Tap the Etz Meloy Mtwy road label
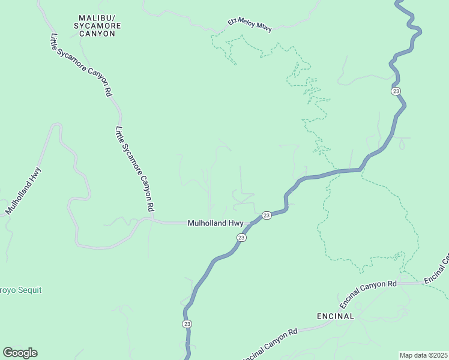[x=249, y=24]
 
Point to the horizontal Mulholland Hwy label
[x=215, y=223]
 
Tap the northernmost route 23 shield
[x=395, y=91]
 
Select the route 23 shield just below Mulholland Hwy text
[x=241, y=238]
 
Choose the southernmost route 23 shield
[x=187, y=323]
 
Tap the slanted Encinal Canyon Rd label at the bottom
[x=270, y=344]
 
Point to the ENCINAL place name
[x=336, y=316]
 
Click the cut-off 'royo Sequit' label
[x=21, y=290]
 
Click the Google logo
[x=20, y=353]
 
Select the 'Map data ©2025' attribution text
[x=423, y=355]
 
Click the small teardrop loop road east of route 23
[x=402, y=143]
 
